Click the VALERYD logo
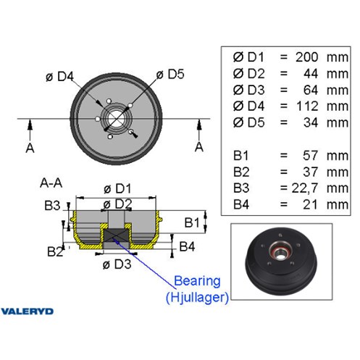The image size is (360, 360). [27, 311]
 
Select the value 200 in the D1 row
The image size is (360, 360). [307, 57]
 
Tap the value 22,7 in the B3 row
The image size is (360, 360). [304, 188]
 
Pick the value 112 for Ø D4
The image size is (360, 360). [307, 106]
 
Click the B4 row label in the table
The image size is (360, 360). [241, 204]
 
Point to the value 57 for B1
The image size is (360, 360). [310, 156]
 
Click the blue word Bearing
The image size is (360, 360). [197, 281]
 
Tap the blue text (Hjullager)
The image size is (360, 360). [197, 297]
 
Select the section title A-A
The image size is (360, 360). [51, 183]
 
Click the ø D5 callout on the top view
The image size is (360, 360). [170, 74]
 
